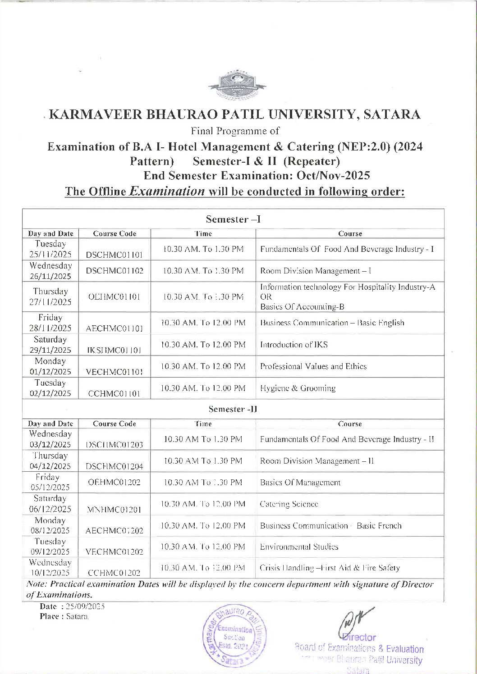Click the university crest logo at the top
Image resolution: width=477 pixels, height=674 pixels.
(x=237, y=86)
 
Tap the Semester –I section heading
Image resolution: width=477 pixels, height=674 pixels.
(x=233, y=219)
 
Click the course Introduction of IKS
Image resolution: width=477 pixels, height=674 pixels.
(x=294, y=345)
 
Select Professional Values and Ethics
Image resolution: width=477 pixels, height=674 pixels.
(x=313, y=366)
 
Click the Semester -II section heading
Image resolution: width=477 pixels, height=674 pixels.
(x=233, y=409)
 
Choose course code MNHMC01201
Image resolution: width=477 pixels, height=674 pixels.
(x=114, y=510)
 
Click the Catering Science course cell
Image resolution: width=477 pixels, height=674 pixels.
(x=289, y=504)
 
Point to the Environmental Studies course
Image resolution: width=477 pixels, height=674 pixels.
(x=299, y=547)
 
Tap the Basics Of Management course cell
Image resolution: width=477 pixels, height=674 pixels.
(x=300, y=483)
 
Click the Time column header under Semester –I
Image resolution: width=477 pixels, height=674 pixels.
(x=203, y=233)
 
